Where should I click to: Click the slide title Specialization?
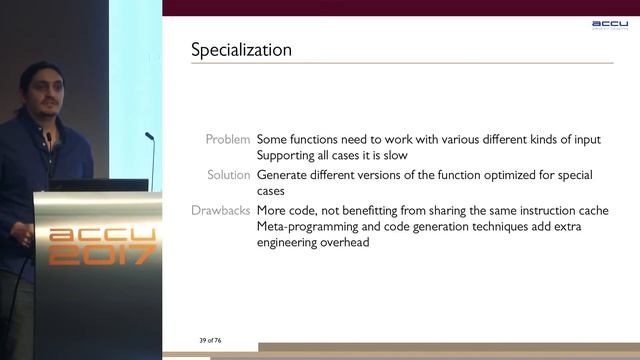point(241,49)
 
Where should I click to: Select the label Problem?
point(228,139)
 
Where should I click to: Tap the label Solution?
point(228,175)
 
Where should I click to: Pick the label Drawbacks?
point(221,210)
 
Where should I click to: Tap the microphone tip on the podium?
point(148,136)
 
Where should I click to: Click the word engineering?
point(291,243)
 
